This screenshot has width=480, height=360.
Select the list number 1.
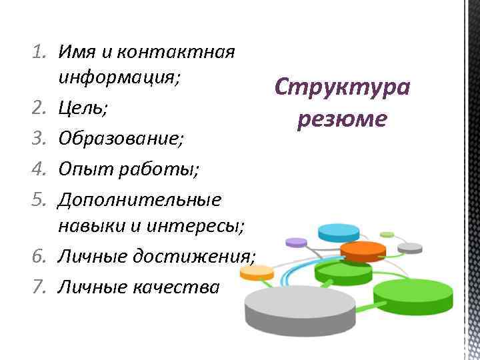(39, 51)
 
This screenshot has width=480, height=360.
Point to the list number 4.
(39, 169)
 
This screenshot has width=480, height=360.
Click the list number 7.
(39, 287)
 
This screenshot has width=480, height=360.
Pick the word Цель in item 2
(83, 107)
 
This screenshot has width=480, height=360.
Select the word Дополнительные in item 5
(140, 198)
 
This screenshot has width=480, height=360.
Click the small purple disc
(295, 241)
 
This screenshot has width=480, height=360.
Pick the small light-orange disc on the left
(257, 271)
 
